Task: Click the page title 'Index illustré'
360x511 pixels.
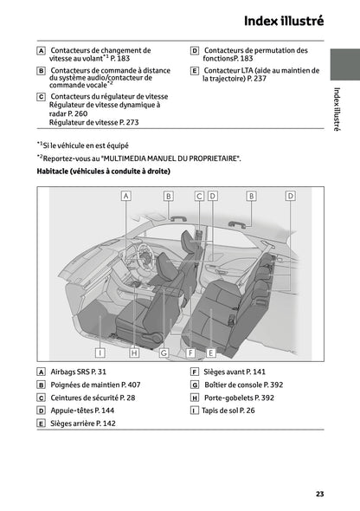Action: [284, 20]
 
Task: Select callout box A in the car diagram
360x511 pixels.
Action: [125, 197]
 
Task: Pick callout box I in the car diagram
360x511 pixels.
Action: [100, 353]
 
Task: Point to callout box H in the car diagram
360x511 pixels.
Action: [134, 353]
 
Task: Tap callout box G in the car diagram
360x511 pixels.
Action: [163, 353]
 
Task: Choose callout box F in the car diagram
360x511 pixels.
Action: [190, 353]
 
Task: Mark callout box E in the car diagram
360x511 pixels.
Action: [210, 353]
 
